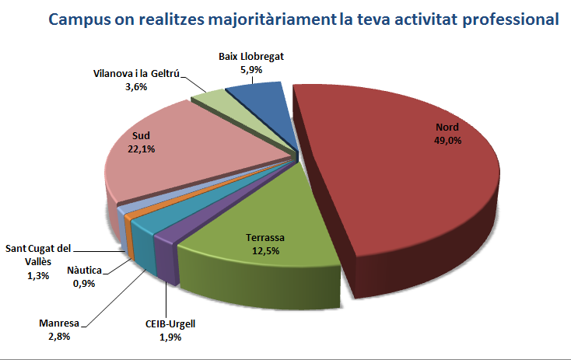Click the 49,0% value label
point(447,141)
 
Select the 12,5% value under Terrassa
point(265,250)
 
